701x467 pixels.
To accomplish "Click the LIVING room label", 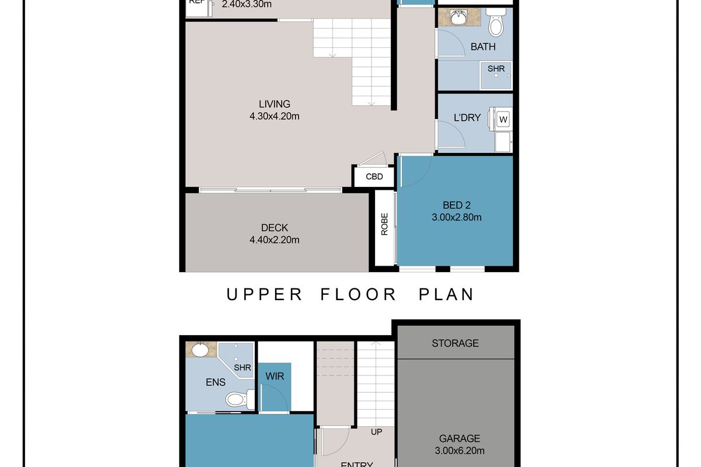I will [274, 104].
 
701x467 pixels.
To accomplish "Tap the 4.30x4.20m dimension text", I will [274, 116].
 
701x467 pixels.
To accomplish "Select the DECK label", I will [274, 228].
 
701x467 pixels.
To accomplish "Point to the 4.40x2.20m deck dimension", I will [274, 239].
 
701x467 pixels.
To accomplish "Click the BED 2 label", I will [457, 205].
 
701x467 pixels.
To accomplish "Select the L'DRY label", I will [467, 118].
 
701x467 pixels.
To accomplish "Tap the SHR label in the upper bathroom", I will [496, 69].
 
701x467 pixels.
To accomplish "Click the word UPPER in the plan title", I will [264, 294].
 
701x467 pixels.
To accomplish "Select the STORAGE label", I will [455, 343].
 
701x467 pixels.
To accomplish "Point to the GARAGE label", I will [460, 438].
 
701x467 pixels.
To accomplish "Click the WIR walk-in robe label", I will [275, 377].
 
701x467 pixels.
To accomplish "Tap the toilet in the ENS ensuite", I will [237, 399].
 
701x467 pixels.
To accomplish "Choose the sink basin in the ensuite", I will [200, 350].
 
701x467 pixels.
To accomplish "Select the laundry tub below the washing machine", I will [503, 141].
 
